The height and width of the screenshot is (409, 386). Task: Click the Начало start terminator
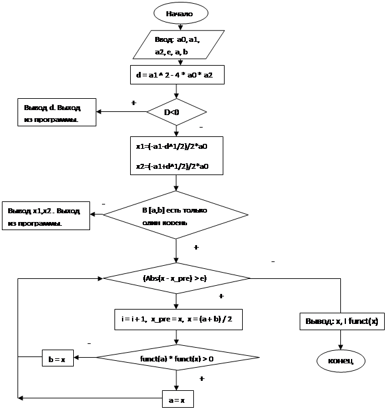click(180, 13)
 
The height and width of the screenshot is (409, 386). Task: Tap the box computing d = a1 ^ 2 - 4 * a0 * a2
click(176, 75)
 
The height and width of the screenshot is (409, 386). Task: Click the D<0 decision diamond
click(176, 113)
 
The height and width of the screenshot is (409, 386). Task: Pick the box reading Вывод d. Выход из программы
click(56, 113)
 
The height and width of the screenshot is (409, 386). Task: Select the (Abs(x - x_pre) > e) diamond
click(176, 278)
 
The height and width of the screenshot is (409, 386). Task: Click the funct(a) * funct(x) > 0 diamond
click(177, 358)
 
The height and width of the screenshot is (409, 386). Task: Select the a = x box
click(177, 398)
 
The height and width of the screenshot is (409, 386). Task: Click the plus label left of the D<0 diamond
click(132, 103)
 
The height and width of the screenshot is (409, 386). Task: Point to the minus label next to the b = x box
click(89, 343)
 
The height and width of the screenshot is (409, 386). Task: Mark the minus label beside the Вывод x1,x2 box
click(103, 203)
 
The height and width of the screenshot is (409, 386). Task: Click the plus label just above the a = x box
click(201, 379)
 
